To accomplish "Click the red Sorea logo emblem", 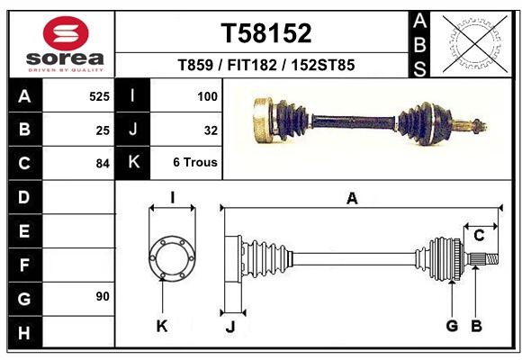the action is coord(66,33).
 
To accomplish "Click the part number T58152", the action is coord(266,33).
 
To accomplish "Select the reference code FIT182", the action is coord(252,65).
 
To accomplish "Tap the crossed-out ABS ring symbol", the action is coord(475,44).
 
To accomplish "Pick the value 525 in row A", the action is coord(99,96).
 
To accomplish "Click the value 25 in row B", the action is coord(103,130).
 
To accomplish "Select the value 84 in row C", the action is coord(103,164).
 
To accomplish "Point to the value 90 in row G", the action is coord(103,296).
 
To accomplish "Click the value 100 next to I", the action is coord(207,96).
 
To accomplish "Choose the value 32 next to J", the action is coord(211,130).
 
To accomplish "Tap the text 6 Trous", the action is coord(195,163).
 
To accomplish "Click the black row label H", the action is coord(24,332).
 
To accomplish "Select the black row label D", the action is coord(24,197).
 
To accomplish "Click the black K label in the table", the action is coord(133,162).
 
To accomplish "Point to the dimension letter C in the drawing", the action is coord(479,236).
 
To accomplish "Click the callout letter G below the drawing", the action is coord(452,326).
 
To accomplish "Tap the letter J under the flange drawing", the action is coord(230,327).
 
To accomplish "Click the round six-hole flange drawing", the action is coord(172,258).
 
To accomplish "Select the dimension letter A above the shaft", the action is coord(352,199).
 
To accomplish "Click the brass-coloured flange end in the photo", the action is coord(264,121).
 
